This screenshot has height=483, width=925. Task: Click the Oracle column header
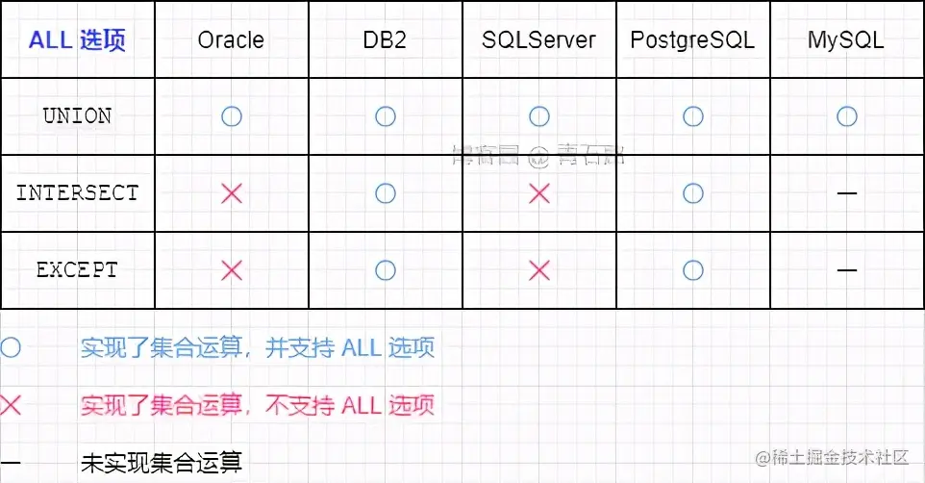pyautogui.click(x=231, y=40)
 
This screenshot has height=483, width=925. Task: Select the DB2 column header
pyautogui.click(x=386, y=40)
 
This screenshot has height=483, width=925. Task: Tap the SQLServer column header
pyautogui.click(x=538, y=40)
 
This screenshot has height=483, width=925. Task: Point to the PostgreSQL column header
pyautogui.click(x=692, y=40)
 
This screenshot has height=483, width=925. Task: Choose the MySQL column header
pyautogui.click(x=846, y=40)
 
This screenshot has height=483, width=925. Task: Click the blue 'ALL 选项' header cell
pyautogui.click(x=77, y=40)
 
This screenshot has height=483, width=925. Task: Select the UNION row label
pyautogui.click(x=77, y=116)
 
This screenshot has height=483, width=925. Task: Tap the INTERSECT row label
pyautogui.click(x=77, y=193)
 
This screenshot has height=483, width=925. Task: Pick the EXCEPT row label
pyautogui.click(x=77, y=270)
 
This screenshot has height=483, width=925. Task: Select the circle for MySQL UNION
pyautogui.click(x=846, y=116)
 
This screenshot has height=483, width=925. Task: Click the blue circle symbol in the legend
pyautogui.click(x=11, y=347)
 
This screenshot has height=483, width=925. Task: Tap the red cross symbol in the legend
pyautogui.click(x=11, y=405)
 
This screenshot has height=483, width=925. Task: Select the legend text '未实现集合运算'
pyautogui.click(x=162, y=463)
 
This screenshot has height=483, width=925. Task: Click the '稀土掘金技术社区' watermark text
pyautogui.click(x=833, y=457)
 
